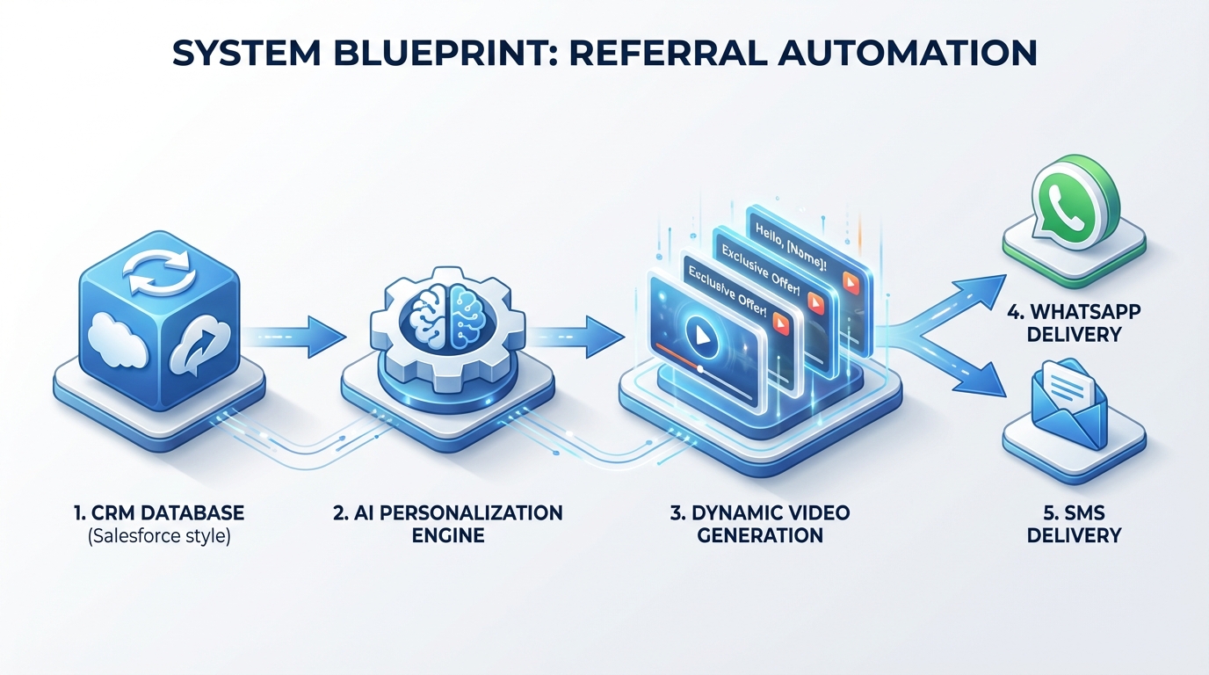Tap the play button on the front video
[x=701, y=336]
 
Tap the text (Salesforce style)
[x=159, y=536]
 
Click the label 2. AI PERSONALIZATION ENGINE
[x=448, y=524]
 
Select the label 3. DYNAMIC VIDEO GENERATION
[x=760, y=524]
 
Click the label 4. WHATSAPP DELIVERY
[x=1074, y=323]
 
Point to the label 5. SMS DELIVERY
[x=1074, y=524]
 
